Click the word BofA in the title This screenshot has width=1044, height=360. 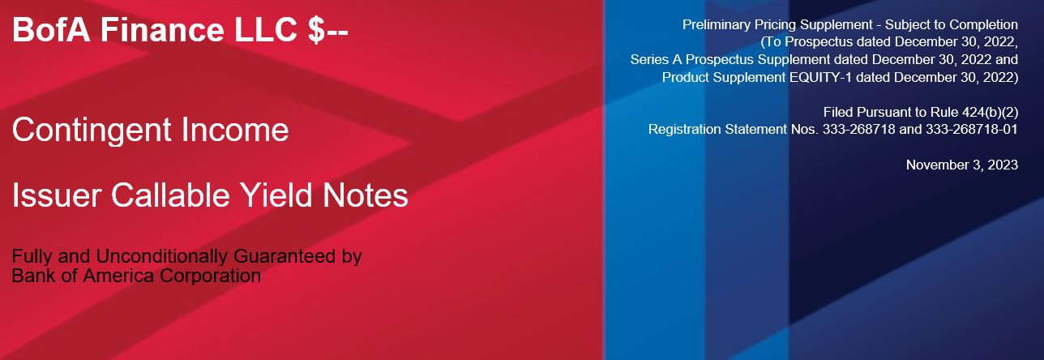pyautogui.click(x=51, y=30)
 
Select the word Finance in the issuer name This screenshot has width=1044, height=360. pyautogui.click(x=162, y=30)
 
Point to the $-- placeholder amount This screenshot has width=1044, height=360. pyautogui.click(x=327, y=31)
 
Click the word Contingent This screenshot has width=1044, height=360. pyautogui.click(x=92, y=130)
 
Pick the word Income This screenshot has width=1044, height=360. pyautogui.click(x=235, y=130)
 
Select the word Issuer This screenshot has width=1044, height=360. pyautogui.click(x=57, y=195)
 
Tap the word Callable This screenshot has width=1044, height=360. pyautogui.click(x=170, y=195)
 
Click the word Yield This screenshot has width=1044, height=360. pyautogui.click(x=276, y=195)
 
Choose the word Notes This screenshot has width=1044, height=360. pyautogui.click(x=366, y=195)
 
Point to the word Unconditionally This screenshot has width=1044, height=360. pyautogui.click(x=162, y=256)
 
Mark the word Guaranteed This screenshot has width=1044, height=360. pyautogui.click(x=285, y=256)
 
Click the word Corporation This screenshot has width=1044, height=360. pyautogui.click(x=210, y=276)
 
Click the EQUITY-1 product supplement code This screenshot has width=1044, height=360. pyautogui.click(x=820, y=77)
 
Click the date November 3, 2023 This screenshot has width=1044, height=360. pyautogui.click(x=962, y=165)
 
